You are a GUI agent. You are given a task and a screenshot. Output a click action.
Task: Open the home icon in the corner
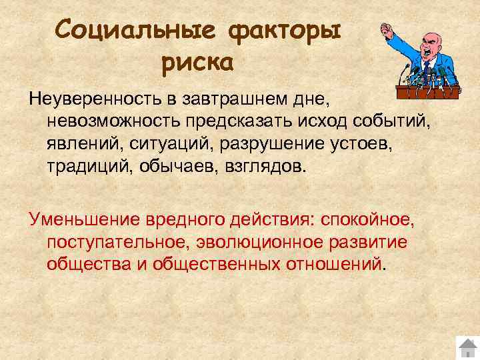[x=467, y=348]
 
